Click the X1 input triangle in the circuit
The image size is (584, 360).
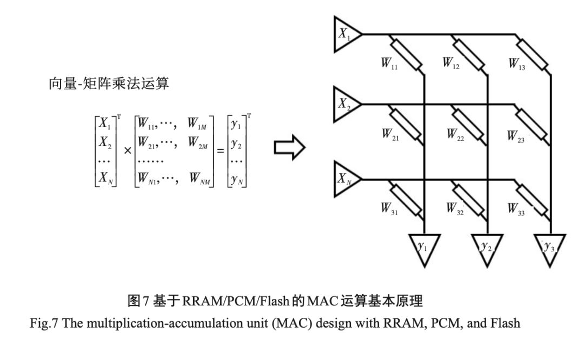click(346, 34)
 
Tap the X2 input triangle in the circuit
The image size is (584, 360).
click(346, 104)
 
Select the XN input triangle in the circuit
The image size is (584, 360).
click(346, 179)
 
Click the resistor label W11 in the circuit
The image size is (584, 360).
click(389, 63)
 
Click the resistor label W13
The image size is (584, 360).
click(517, 64)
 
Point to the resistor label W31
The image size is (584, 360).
click(389, 209)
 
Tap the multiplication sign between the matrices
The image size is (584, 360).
click(128, 151)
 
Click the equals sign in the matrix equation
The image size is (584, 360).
click(221, 151)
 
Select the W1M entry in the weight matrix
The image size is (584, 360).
click(197, 123)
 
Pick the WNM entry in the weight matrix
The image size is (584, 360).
click(200, 178)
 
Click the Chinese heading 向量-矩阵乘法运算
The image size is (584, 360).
click(109, 83)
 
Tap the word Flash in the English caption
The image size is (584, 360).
click(506, 323)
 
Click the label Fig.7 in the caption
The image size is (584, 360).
click(44, 323)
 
